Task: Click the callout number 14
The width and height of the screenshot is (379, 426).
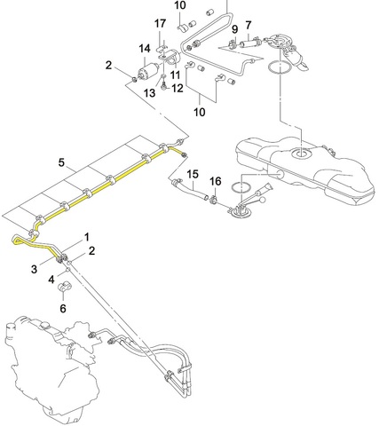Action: point(145,49)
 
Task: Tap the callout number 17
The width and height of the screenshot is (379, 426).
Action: point(160,23)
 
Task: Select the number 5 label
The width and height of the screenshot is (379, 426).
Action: point(61,162)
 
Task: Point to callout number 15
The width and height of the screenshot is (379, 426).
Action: point(193,174)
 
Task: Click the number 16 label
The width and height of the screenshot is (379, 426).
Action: point(216,181)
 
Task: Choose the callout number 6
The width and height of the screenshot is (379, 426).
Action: point(63,309)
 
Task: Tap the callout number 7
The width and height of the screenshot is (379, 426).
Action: point(249,25)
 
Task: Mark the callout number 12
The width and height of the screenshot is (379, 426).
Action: point(178,88)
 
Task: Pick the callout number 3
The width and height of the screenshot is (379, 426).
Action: point(35,269)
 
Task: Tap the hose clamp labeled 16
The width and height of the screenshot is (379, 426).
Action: point(213,200)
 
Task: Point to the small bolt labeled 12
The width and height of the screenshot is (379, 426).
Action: point(163,87)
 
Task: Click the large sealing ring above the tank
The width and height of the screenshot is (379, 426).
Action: point(279,67)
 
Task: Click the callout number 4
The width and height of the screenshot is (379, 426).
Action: point(51,280)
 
